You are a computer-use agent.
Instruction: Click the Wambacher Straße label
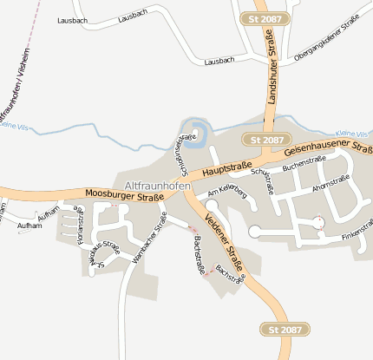(147, 244)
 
